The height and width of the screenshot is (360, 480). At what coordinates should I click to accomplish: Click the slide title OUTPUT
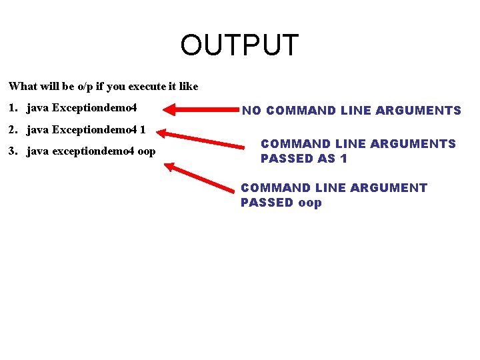click(x=239, y=45)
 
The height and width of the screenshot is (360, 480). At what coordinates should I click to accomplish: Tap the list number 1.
click(x=13, y=107)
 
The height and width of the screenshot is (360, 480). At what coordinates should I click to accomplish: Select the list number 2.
click(x=13, y=129)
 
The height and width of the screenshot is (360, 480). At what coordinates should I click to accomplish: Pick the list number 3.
click(x=13, y=151)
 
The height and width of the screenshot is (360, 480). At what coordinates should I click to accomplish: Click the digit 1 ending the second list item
click(x=142, y=129)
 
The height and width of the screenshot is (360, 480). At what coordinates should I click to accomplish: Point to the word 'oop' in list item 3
click(x=146, y=152)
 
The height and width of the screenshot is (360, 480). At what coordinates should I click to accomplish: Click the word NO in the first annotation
click(x=251, y=111)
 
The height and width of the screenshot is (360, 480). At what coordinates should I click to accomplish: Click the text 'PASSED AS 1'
click(x=303, y=159)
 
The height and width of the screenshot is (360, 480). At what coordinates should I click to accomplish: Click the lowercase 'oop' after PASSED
click(x=310, y=203)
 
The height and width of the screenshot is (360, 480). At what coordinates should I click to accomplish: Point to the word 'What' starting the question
click(x=23, y=86)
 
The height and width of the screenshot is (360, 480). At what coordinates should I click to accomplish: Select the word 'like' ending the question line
click(x=189, y=86)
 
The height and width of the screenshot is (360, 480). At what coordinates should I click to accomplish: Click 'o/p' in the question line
click(x=87, y=87)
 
